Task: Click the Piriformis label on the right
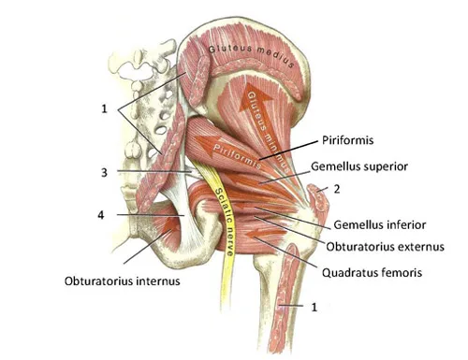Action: click(x=347, y=140)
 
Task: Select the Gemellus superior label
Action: click(x=359, y=166)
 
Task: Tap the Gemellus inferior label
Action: click(x=379, y=224)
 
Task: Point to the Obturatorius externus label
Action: click(x=385, y=247)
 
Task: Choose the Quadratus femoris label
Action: click(x=372, y=273)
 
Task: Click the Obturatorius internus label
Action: click(x=123, y=281)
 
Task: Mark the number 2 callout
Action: click(x=337, y=189)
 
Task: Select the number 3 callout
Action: click(x=104, y=172)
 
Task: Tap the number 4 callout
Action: click(x=101, y=215)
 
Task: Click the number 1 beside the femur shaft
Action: click(x=314, y=308)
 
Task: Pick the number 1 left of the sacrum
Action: click(x=104, y=108)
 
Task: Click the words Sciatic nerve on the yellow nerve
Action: click(x=224, y=222)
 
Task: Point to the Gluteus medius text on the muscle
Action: click(x=251, y=54)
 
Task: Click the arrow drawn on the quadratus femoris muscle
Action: click(x=265, y=233)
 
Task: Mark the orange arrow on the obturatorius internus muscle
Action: click(x=171, y=225)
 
